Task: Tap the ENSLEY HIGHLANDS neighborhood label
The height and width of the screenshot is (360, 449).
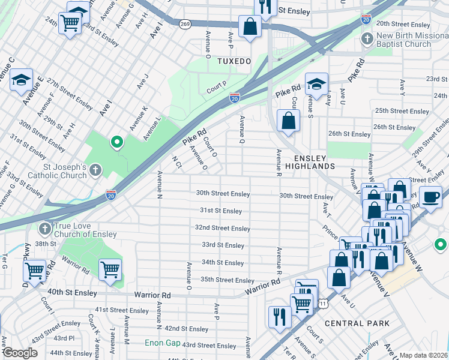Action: [x=313, y=161]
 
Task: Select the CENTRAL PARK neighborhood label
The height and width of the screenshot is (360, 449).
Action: [x=357, y=323]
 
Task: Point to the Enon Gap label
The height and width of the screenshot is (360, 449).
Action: [x=161, y=343]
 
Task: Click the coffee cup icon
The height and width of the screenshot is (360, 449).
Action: [x=430, y=197]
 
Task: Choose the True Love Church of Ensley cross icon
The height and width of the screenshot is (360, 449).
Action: [x=44, y=229]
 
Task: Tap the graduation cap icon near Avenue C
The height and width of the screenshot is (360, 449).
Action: [x=21, y=80]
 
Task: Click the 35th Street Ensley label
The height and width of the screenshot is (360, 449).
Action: [x=228, y=280]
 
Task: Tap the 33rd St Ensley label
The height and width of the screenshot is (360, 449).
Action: [x=223, y=245]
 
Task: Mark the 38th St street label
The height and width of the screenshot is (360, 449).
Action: [x=45, y=244]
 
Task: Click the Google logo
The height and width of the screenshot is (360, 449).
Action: [x=20, y=353]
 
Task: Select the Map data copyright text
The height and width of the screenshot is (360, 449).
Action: [x=423, y=355]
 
